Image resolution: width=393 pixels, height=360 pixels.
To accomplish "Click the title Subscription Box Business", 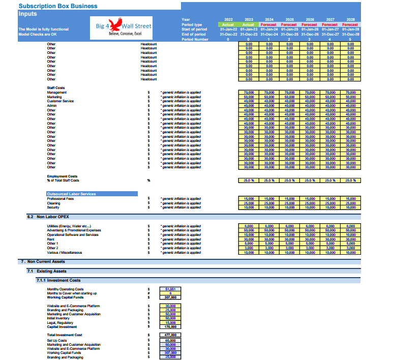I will (50, 6).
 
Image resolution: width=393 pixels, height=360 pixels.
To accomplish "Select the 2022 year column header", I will (228, 19).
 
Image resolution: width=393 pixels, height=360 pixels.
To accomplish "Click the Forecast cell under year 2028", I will (350, 24).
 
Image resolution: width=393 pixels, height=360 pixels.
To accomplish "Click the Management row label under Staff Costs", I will (56, 93).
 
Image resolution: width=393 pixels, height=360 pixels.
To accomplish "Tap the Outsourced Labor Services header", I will (71, 194).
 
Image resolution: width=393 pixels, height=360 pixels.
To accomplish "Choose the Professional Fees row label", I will (59, 199).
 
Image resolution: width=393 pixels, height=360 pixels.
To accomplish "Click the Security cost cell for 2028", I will (350, 207).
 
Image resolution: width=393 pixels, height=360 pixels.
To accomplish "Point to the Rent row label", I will (50, 239).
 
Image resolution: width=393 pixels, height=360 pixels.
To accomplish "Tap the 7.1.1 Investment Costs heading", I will (58, 280).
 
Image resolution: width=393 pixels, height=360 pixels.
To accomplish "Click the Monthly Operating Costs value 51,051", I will (170, 289).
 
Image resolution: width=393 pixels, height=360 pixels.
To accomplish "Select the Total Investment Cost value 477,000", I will (170, 335).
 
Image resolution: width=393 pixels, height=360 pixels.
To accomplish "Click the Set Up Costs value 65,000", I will (170, 340).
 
